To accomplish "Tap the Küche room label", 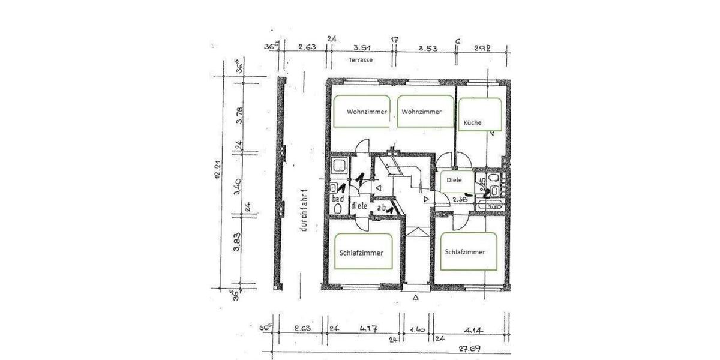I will (x=472, y=123).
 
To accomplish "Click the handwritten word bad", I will (x=337, y=199).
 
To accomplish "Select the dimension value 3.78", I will (x=239, y=115).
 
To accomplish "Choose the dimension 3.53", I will (x=428, y=47).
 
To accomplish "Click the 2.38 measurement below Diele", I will (x=460, y=199).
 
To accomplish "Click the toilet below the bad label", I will (x=337, y=208).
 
